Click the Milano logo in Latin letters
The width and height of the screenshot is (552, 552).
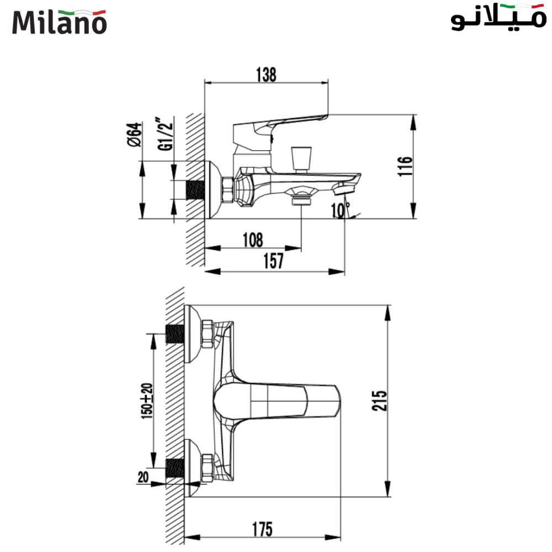coord(59,22)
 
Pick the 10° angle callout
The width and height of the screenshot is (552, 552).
coord(340,210)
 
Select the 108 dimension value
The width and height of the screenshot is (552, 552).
coord(252,240)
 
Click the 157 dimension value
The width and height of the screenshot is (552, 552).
coord(273,261)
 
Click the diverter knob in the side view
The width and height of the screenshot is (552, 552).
coord(301,157)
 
